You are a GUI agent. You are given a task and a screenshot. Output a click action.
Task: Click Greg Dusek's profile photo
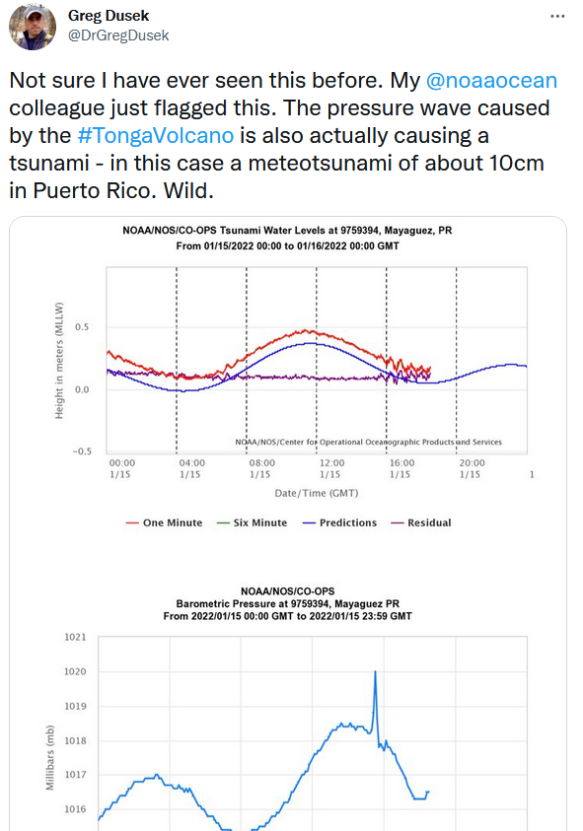tap(33, 27)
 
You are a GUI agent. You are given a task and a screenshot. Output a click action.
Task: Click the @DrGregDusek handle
tap(118, 35)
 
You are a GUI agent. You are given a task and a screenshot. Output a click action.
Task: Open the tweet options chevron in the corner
tap(559, 17)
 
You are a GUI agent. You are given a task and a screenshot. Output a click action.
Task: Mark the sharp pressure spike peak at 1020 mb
tap(375, 672)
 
